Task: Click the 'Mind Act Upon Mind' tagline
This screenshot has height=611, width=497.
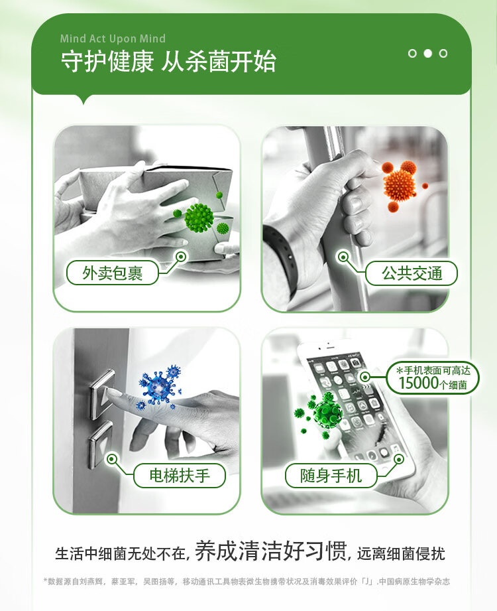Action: coord(113,38)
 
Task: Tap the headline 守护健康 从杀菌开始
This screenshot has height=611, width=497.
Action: coord(168,62)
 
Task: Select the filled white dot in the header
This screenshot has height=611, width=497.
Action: coord(427,53)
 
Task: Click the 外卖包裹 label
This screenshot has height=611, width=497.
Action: coord(113,273)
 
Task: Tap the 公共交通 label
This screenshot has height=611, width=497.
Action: coord(412,273)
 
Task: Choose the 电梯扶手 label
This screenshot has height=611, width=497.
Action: coord(180,476)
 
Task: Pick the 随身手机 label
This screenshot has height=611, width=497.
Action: coord(331,476)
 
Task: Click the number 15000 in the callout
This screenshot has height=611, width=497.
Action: coord(418,383)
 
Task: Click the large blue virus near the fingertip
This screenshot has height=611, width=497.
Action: coord(158,387)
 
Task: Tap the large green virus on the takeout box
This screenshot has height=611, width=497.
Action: coord(199,218)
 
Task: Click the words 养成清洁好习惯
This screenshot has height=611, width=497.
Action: coord(271,551)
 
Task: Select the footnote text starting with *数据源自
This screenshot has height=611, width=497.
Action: coord(247,581)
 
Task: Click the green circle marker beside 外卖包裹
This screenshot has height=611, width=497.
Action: coord(182,256)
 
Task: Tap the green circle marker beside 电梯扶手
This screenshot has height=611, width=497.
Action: coord(112,459)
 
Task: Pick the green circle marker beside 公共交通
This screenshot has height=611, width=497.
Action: coord(343,256)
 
